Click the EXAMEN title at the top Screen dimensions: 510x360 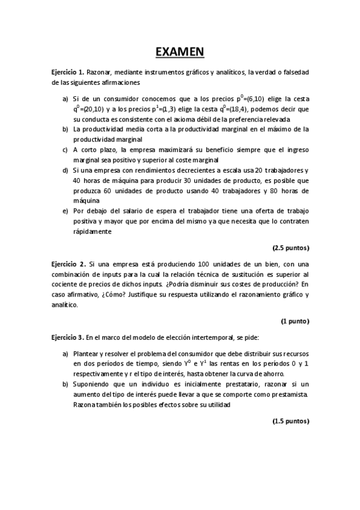click(180, 53)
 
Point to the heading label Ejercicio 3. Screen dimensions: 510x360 click(68, 339)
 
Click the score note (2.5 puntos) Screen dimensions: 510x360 click(290, 247)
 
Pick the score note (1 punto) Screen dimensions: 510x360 click(294, 321)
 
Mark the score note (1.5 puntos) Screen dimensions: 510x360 click(290, 422)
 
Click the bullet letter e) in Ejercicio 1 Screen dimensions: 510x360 click(66, 212)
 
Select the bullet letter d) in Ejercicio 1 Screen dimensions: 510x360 click(66, 171)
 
